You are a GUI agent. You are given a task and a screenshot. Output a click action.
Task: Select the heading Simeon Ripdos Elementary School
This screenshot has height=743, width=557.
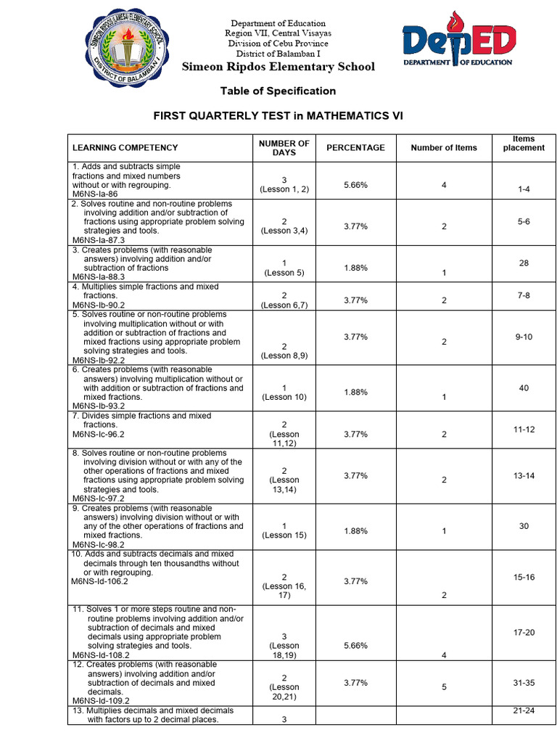[x=278, y=67]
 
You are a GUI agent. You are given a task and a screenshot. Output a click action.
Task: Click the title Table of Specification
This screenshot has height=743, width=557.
[x=278, y=91]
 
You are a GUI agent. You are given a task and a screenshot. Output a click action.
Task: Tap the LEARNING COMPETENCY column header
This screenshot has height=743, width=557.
[x=125, y=147]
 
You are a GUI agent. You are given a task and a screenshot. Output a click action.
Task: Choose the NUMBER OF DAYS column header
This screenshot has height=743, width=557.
[x=284, y=147]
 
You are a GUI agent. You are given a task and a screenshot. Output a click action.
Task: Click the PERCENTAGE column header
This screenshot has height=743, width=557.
[x=355, y=147]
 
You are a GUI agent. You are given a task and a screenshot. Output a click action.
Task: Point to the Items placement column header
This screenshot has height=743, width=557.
[x=523, y=143]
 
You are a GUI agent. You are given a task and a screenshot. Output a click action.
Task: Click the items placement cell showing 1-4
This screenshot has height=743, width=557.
[x=524, y=189]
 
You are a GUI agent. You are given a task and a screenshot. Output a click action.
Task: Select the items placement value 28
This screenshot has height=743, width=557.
[x=524, y=263]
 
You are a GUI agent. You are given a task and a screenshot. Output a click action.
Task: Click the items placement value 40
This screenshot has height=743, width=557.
[x=524, y=388]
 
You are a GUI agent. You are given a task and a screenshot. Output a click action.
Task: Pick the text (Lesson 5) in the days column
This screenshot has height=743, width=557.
[x=284, y=273]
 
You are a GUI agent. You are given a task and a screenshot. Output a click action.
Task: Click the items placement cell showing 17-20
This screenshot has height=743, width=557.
[x=524, y=633]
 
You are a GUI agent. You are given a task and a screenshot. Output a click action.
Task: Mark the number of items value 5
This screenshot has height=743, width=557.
[x=444, y=686]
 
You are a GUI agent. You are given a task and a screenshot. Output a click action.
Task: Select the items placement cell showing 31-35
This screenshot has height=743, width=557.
[x=524, y=682]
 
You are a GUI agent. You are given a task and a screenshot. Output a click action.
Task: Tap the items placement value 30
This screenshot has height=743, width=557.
[x=524, y=526]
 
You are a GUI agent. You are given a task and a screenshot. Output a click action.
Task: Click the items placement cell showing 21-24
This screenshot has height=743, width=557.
[x=524, y=710]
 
